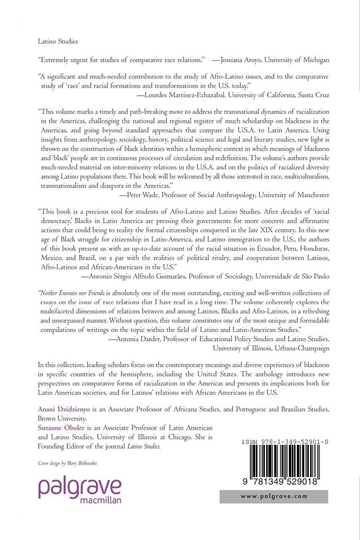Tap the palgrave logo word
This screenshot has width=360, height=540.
coord(79,487)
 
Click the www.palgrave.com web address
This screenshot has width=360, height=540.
coord(274,497)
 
